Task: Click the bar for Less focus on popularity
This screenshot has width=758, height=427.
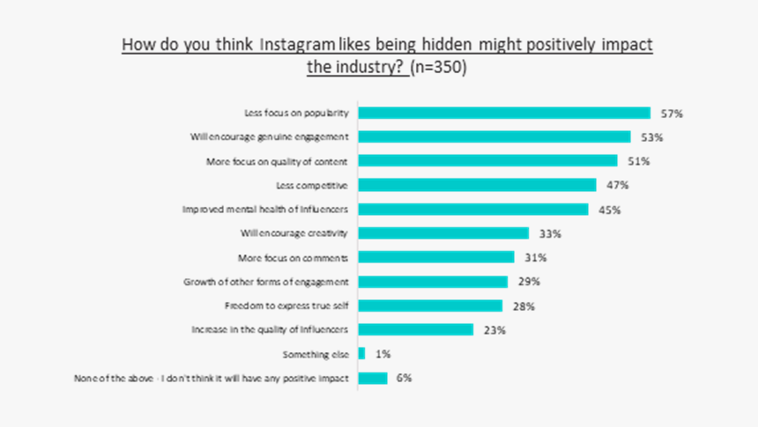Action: pos(504,113)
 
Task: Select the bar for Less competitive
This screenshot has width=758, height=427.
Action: pos(477,185)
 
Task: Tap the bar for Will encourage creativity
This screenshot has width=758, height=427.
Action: pos(443,233)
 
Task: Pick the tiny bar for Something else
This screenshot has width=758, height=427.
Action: pos(361,353)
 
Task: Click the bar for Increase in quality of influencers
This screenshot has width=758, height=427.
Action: pos(416,329)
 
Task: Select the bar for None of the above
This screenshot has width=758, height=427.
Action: pos(373,378)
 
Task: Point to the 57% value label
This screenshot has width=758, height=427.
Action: pos(672,114)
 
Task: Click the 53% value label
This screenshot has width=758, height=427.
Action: pos(652,137)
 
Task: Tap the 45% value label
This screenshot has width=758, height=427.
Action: pos(610,210)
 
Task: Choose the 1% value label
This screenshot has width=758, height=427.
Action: pos(383,354)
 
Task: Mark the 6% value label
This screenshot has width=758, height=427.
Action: pos(404,378)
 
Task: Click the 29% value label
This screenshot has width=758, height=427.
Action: pos(529,282)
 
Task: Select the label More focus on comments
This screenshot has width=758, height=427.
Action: pos(294,258)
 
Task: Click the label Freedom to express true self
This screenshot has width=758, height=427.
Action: pos(287,306)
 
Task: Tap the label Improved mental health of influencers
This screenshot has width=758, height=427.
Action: pos(266,210)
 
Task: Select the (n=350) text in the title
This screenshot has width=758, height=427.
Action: pos(439,68)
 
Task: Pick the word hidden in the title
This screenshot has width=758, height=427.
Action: pos(451,44)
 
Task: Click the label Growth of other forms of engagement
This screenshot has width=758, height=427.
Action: pos(267,282)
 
